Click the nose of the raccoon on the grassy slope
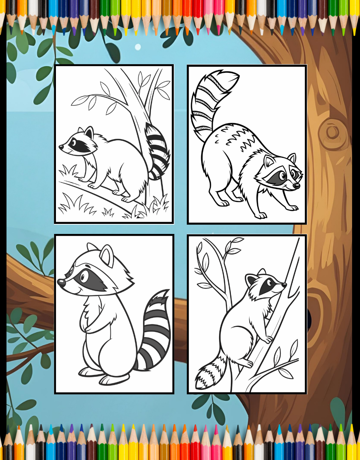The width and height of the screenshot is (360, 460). (61, 147)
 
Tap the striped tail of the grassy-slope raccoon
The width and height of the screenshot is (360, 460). (158, 151)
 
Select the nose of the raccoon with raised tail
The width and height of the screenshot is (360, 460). (297, 186)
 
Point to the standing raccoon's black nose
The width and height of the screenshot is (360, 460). (61, 283)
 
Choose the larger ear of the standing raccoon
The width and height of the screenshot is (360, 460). (106, 256)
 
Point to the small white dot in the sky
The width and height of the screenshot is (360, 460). (138, 47)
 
